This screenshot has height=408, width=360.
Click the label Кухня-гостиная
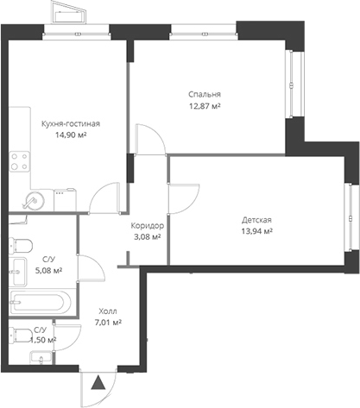[x=70, y=123]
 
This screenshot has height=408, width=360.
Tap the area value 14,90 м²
[x=70, y=135]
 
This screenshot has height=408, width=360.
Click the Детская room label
[x=256, y=219]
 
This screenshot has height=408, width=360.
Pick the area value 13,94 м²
[x=256, y=231]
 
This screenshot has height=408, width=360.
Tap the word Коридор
[x=147, y=225]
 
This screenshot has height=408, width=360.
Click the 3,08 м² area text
[x=147, y=236]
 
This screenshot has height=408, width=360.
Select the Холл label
[x=107, y=311]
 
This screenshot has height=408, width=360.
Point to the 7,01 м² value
[x=107, y=323]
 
